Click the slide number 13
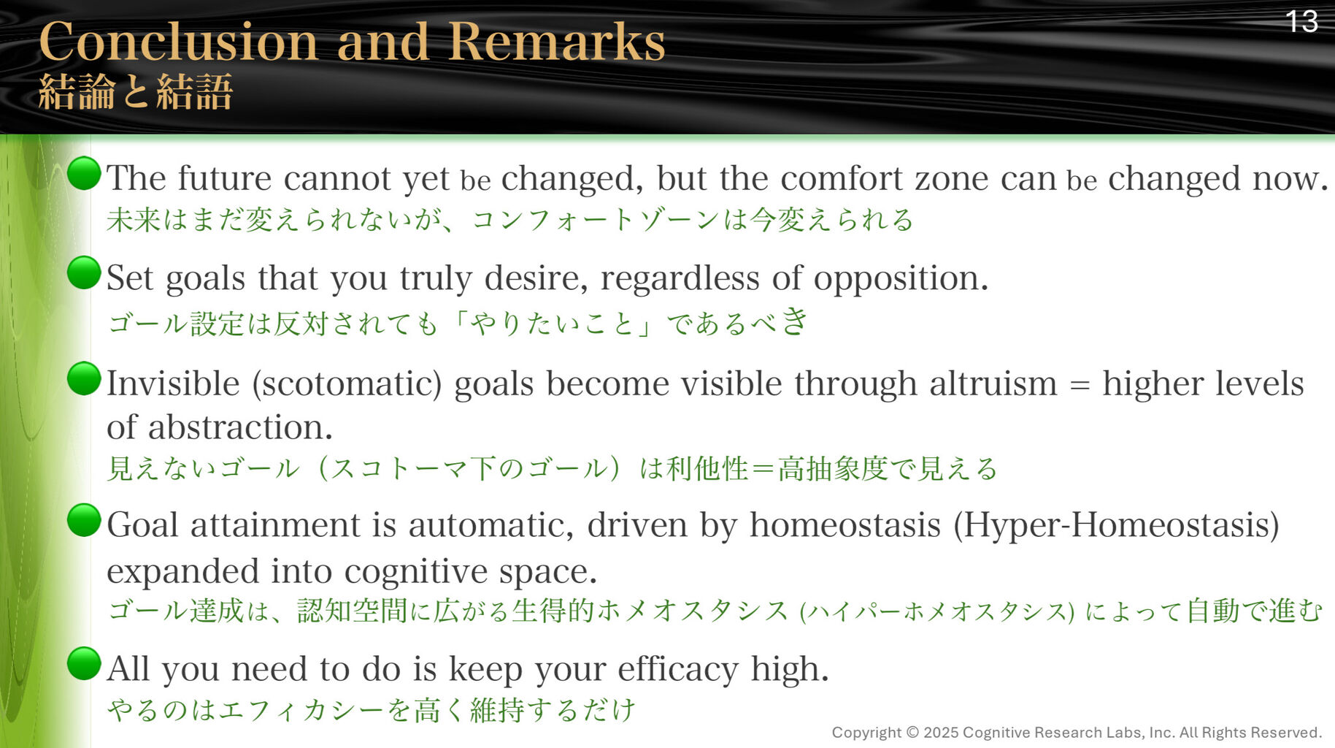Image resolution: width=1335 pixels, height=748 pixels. pyautogui.click(x=1301, y=21)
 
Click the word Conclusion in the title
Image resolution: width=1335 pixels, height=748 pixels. pyautogui.click(x=179, y=42)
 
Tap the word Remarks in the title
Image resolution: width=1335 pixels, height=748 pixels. pyautogui.click(x=556, y=42)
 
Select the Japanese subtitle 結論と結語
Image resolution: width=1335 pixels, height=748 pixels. pyautogui.click(x=136, y=92)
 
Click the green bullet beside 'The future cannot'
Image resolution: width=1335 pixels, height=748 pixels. pyautogui.click(x=84, y=173)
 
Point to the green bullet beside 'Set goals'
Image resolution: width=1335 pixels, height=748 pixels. pyautogui.click(x=84, y=272)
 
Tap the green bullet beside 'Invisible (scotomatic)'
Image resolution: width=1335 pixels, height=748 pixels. pyautogui.click(x=84, y=378)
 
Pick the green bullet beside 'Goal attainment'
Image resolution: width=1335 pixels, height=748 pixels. pyautogui.click(x=84, y=520)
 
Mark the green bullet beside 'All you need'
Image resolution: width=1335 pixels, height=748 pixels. pyautogui.click(x=84, y=663)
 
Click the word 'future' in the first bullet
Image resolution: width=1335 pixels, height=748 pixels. pyautogui.click(x=225, y=178)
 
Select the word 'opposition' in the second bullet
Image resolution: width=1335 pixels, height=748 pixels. pyautogui.click(x=901, y=279)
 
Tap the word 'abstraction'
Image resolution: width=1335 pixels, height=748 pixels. pyautogui.click(x=240, y=427)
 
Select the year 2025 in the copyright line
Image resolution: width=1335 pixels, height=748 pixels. pyautogui.click(x=941, y=733)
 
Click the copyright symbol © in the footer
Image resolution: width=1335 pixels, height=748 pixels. pyautogui.click(x=912, y=733)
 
